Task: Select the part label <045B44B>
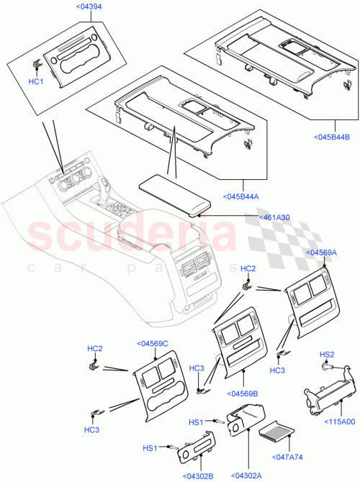332,137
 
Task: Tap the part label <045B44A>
240,196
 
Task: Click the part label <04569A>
321,253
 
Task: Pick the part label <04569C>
151,343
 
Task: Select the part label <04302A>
247,476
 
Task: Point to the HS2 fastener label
327,355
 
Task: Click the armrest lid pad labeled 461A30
174,194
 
